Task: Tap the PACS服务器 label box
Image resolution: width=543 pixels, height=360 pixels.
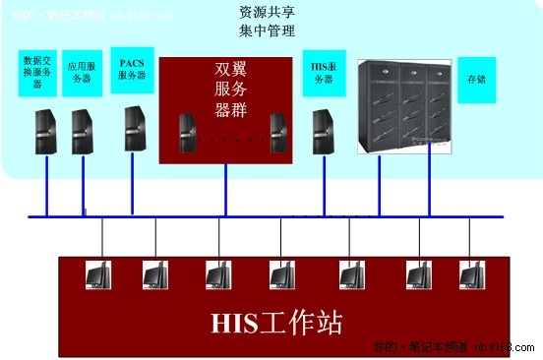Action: click(132, 69)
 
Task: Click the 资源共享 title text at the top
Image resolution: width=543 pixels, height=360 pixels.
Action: click(267, 14)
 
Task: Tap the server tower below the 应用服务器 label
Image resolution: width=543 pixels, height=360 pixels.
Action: click(83, 132)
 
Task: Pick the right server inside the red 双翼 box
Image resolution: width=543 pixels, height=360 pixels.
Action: click(278, 136)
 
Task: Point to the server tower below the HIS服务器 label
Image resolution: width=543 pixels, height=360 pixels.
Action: click(322, 132)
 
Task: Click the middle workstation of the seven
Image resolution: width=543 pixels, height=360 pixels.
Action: click(281, 274)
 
